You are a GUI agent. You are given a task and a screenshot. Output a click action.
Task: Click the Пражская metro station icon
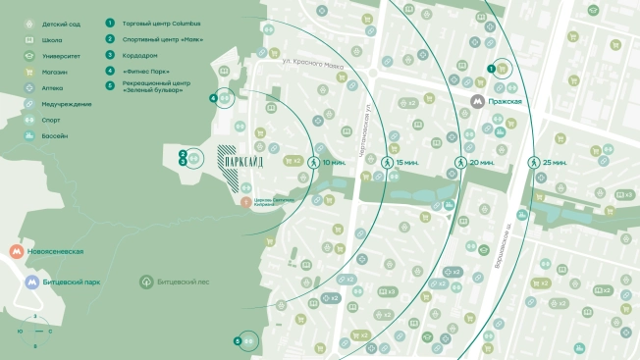[477, 100]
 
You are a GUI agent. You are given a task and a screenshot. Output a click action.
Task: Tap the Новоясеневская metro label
[56, 252]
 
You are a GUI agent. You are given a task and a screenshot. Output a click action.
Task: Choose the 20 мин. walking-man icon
[458, 162]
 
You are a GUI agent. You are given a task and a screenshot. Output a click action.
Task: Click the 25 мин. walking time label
[557, 162]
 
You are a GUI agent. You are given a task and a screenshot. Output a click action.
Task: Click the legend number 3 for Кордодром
[111, 55]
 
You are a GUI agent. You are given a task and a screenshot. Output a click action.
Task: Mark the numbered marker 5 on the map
[238, 340]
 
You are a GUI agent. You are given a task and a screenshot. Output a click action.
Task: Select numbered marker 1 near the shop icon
[491, 68]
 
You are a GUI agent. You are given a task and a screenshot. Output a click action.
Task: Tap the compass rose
[35, 332]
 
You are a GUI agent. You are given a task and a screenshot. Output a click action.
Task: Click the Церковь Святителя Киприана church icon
[244, 201]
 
